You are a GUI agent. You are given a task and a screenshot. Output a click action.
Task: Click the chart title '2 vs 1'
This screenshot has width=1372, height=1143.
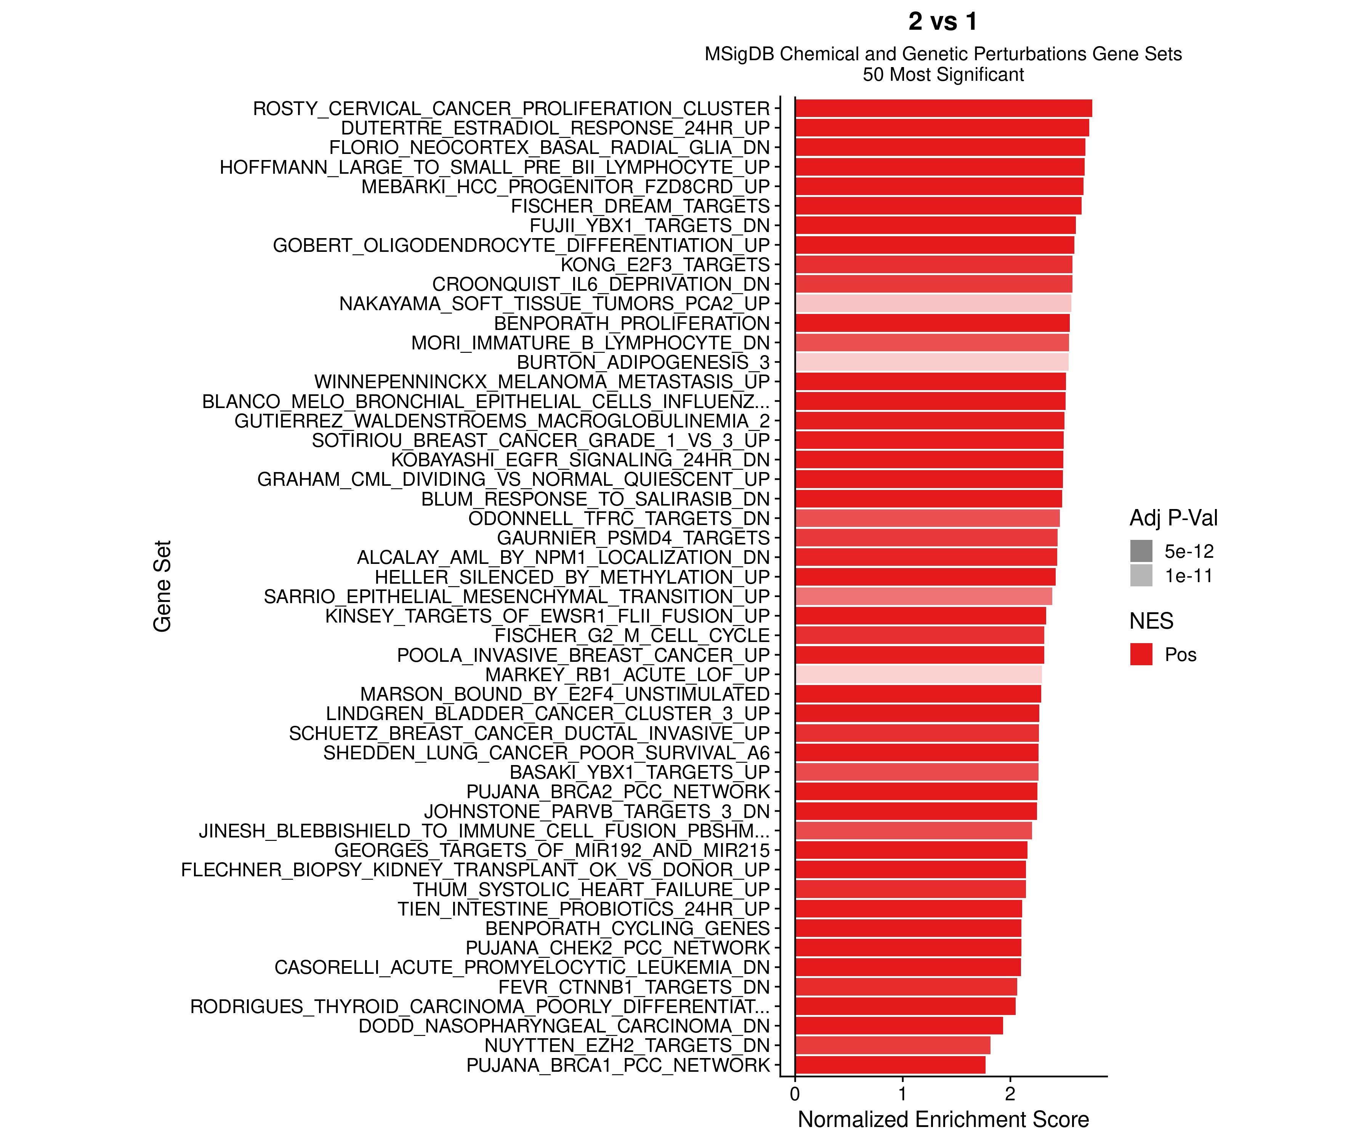[943, 22]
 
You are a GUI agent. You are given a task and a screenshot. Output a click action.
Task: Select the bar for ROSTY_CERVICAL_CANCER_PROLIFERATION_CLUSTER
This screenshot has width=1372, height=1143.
[943, 109]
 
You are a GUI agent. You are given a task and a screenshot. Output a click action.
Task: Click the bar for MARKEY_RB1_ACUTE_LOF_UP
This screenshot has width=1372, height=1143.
[918, 675]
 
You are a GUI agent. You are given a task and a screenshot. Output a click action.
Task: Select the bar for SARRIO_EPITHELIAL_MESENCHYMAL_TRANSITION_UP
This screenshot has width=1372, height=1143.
[923, 596]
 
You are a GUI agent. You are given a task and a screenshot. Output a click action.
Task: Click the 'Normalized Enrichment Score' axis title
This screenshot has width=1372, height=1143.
[943, 1119]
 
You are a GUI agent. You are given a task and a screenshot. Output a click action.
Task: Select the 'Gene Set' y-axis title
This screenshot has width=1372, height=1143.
[162, 586]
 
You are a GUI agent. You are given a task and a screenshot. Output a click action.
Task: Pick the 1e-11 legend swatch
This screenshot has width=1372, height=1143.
[1141, 575]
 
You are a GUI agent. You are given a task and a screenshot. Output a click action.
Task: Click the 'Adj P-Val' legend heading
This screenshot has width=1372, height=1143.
[1173, 518]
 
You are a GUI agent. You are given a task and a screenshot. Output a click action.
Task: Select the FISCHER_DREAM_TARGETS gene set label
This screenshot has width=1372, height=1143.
[640, 207]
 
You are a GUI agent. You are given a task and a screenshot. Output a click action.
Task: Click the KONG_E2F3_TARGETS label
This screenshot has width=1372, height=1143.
[665, 264]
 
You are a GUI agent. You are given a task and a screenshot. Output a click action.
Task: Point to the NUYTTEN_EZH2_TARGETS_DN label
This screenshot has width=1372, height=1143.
[627, 1046]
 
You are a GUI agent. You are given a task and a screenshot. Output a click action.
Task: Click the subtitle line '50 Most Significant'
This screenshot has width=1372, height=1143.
[943, 74]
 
